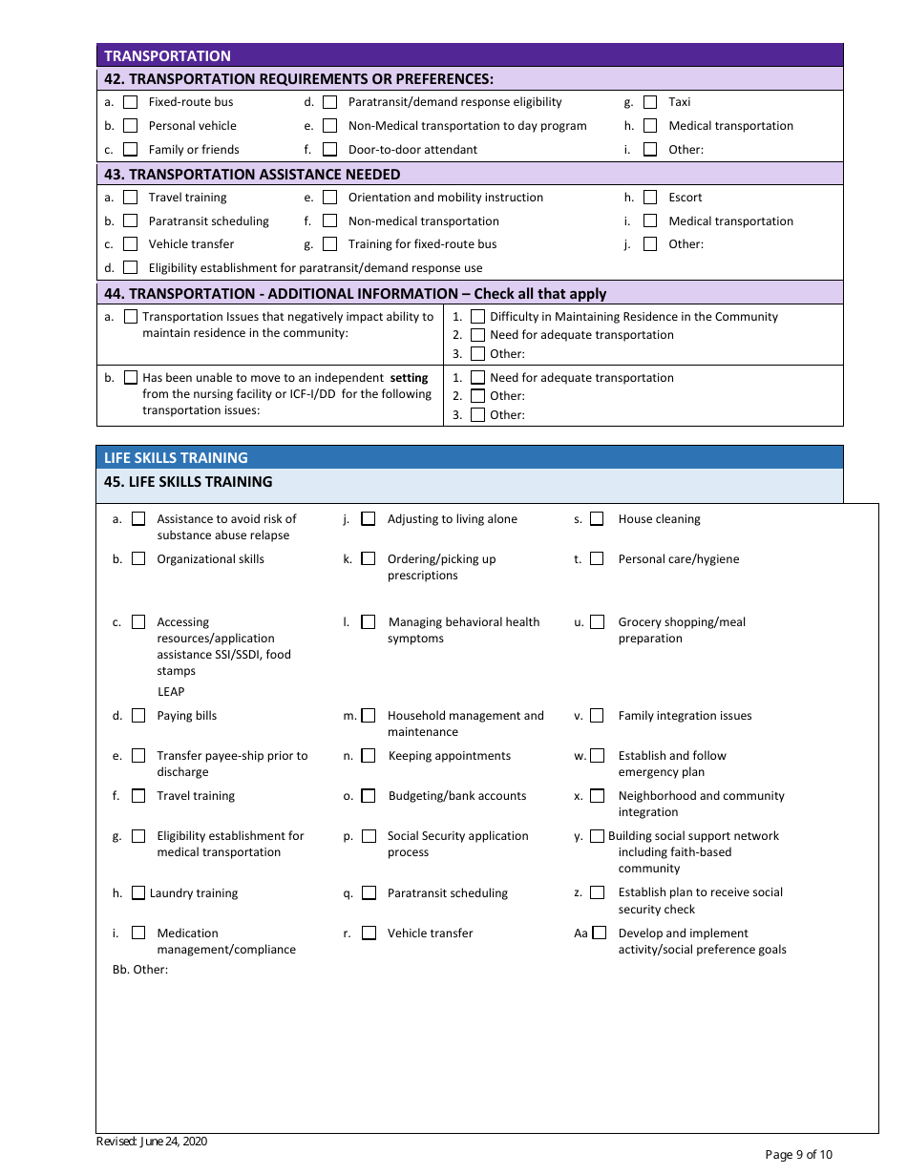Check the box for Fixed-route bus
coord(131,102)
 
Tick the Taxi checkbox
coord(650,102)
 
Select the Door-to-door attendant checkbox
coord(330,150)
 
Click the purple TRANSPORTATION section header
coord(469,55)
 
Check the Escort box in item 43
coord(650,198)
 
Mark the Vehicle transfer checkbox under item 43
coord(131,244)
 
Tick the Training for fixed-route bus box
coord(330,244)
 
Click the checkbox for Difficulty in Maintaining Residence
coord(478,317)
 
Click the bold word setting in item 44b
coord(409,378)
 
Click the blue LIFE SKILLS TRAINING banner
coord(469,457)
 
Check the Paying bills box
coord(138,716)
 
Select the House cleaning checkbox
coord(597,519)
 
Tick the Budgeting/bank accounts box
coord(369,796)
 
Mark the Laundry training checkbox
coord(138,893)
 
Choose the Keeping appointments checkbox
coord(369,756)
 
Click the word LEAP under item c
coord(171,692)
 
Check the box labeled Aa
coord(600,933)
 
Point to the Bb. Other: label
coord(140,970)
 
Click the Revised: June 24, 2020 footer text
coord(152,1142)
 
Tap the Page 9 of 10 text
coord(798,1155)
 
